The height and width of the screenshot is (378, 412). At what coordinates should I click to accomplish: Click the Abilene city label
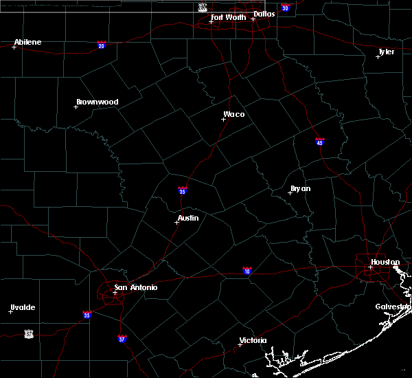pos(27,42)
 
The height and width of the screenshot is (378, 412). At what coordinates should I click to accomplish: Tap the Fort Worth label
pos(229,17)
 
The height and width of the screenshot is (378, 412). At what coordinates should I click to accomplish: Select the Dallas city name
pos(264,14)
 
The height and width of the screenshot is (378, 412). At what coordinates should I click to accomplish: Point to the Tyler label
pos(387,52)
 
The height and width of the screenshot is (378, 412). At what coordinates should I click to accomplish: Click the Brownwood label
pos(97,102)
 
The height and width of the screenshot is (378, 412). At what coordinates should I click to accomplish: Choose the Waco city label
pos(233,114)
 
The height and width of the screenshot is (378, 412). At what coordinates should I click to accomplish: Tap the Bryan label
pos(300,188)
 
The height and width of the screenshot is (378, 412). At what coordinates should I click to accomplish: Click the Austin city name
pos(188,218)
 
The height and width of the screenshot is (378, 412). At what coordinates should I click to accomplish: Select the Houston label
pos(385,262)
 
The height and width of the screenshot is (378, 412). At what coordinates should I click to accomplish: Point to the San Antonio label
pos(136,287)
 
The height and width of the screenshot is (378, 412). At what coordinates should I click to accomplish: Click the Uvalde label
pos(23,307)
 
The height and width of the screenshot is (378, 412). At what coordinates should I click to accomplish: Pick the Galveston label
pos(393,307)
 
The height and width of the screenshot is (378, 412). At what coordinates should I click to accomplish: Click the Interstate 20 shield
pos(102,45)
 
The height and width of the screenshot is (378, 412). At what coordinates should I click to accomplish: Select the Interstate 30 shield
pos(285,8)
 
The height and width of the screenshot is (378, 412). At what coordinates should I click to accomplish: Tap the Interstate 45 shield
pos(320,142)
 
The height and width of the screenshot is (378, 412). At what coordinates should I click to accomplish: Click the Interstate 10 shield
pos(247,271)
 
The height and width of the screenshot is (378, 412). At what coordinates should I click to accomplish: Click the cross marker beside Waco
pos(223,119)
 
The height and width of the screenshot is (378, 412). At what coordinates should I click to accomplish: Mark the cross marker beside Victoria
pos(240,344)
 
